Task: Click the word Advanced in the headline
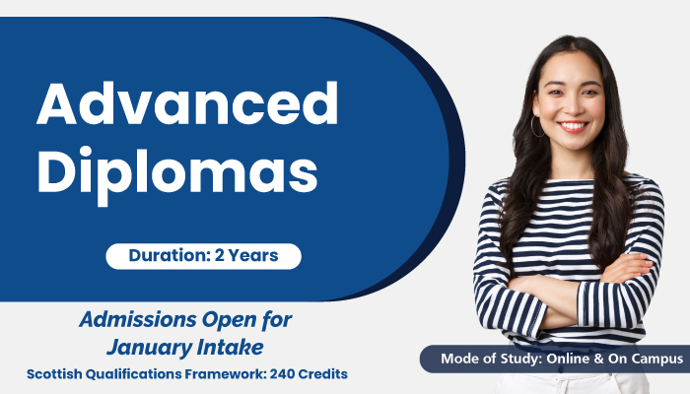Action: [187, 103]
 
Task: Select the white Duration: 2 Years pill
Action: [203, 256]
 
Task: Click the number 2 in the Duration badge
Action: [219, 255]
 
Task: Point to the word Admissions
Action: [136, 319]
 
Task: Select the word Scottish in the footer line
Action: [54, 374]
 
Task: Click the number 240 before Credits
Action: [282, 374]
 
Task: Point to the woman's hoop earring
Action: [537, 127]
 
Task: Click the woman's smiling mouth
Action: [573, 127]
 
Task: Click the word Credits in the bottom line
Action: [323, 374]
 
